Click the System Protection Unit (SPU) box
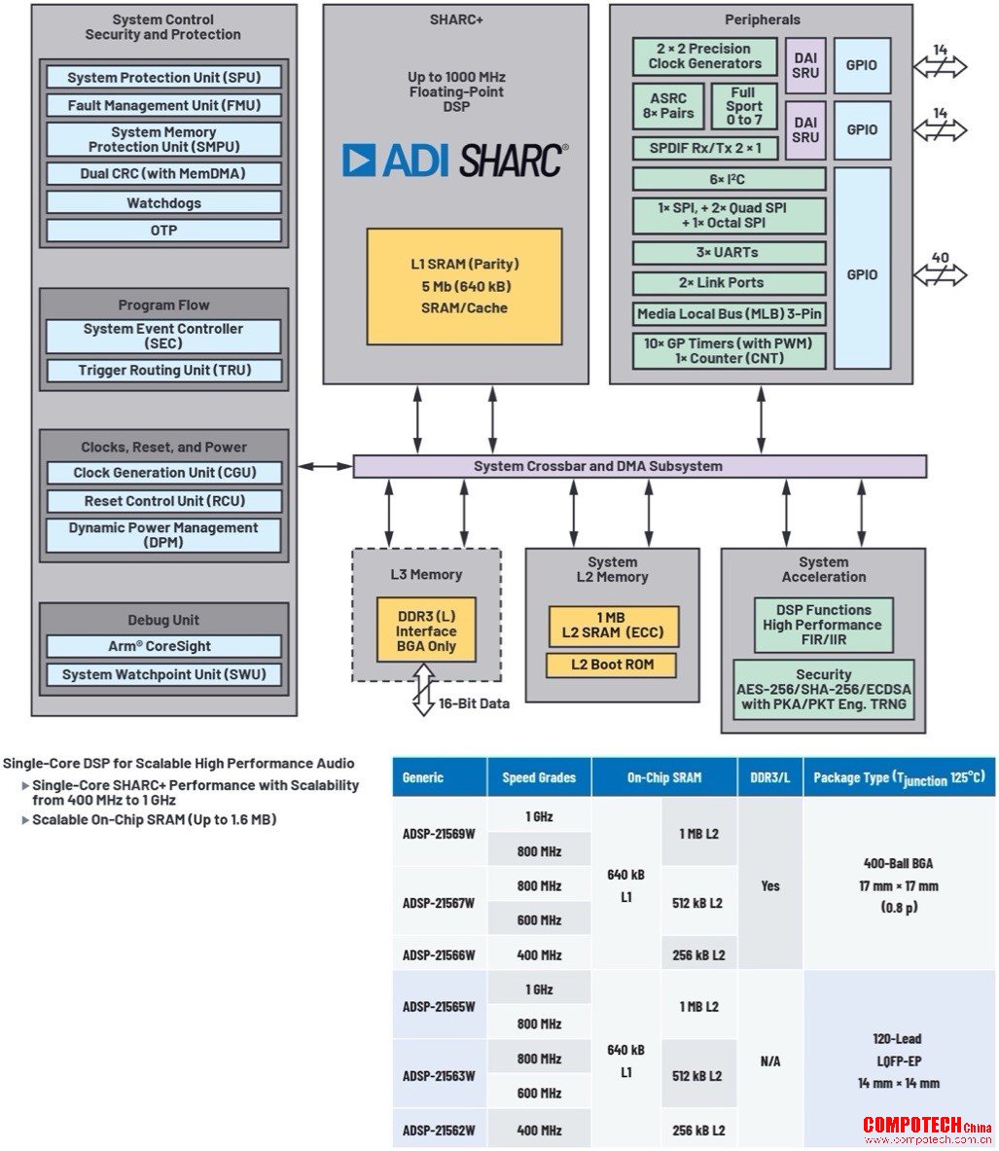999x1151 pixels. (163, 77)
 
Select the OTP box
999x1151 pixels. (163, 231)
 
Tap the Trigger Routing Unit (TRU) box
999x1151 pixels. (163, 370)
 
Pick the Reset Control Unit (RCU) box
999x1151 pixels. (163, 501)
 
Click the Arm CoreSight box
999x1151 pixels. (163, 646)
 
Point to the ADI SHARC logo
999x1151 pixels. (455, 160)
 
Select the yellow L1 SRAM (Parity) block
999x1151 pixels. (465, 286)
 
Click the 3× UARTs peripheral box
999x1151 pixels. (729, 253)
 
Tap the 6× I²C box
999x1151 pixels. (729, 179)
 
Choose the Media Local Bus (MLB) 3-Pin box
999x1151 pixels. (729, 314)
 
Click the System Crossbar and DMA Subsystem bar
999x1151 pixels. (640, 466)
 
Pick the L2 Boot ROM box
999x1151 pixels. (612, 665)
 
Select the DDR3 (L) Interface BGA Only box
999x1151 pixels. (426, 630)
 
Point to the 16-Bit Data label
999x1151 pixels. (474, 703)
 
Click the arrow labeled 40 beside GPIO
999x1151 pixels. (941, 275)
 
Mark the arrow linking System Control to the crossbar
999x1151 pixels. (325, 466)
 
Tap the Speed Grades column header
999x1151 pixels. (539, 778)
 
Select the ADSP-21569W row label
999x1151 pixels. (439, 834)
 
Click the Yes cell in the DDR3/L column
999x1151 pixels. (770, 886)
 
